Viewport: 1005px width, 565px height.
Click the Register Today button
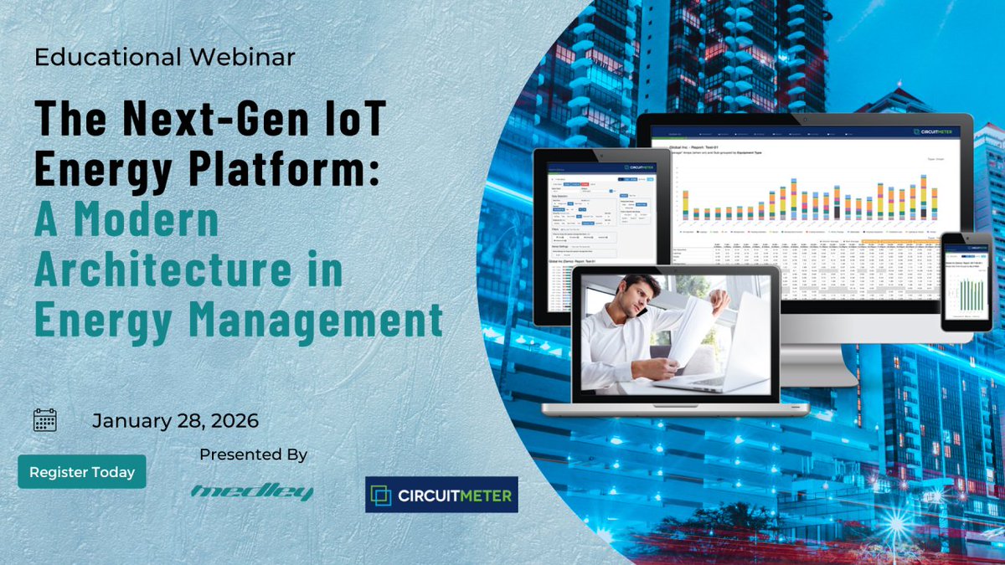[82, 472]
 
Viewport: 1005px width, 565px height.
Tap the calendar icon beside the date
[44, 419]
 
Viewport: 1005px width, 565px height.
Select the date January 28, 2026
[175, 420]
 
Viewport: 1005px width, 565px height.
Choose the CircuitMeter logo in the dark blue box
[441, 495]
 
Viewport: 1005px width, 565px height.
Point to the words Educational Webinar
[165, 57]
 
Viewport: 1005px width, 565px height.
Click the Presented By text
[253, 455]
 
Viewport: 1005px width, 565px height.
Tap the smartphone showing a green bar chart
[966, 282]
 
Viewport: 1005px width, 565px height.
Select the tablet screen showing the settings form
[595, 234]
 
